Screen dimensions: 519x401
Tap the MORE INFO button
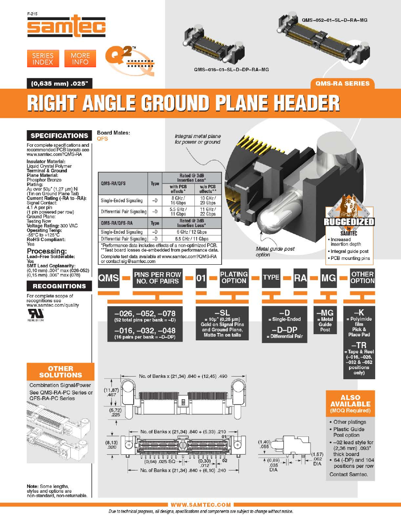[80, 59]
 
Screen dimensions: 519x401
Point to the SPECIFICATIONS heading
[59, 135]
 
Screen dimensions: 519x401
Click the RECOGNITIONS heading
[59, 286]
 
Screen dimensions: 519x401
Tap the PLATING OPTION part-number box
[234, 278]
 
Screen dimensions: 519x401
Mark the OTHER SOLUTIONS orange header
[60, 372]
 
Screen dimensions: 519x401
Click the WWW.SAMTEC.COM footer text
[200, 505]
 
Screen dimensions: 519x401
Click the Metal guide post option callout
[275, 251]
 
